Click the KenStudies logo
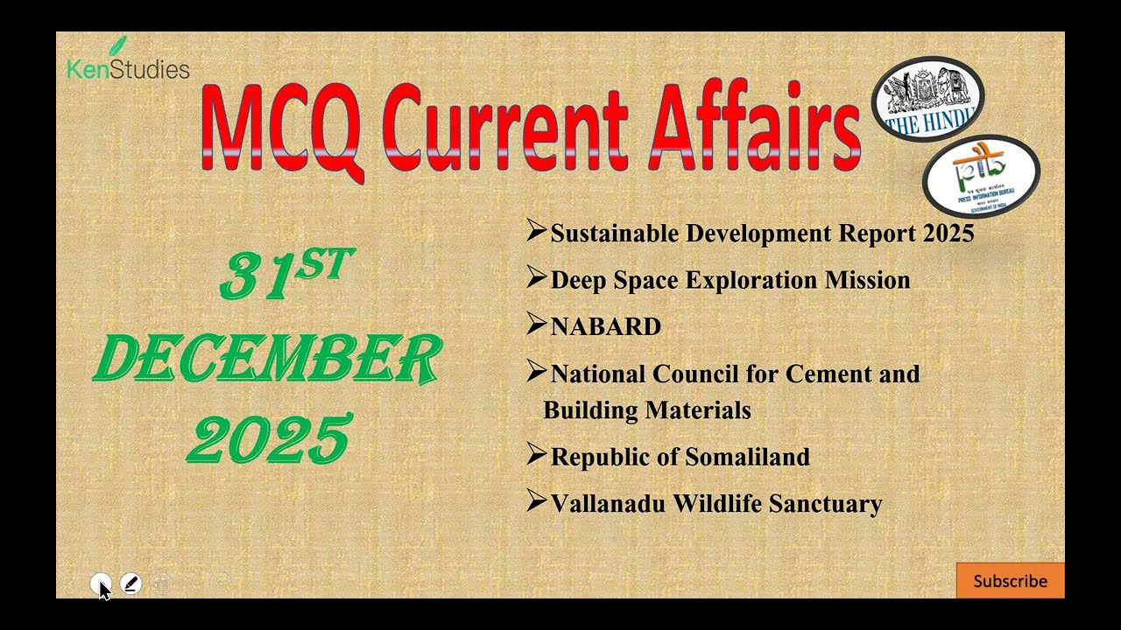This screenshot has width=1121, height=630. click(x=128, y=63)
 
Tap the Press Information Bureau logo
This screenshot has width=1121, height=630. click(x=981, y=176)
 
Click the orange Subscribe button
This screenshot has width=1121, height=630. click(x=1010, y=581)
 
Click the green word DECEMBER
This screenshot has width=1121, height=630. click(x=267, y=359)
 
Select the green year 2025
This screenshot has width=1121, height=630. click(x=269, y=439)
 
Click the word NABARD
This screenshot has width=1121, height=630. click(x=605, y=327)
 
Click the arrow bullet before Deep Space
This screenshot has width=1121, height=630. click(x=536, y=278)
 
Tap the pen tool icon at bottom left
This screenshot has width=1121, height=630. click(x=130, y=584)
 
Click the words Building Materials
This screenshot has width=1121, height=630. click(x=646, y=410)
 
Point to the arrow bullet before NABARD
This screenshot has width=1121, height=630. click(x=536, y=325)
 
